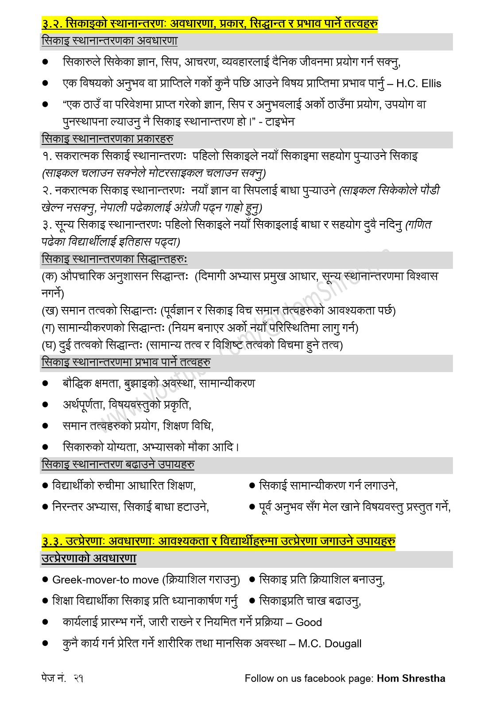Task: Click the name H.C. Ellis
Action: pos(419,84)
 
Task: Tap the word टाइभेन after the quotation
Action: pos(280,121)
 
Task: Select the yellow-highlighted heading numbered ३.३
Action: pos(219,541)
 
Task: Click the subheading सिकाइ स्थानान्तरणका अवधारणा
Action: pos(109,41)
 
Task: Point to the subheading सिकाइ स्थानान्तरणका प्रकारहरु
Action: pos(107,139)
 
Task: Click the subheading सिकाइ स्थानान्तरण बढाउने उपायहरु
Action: pos(118,465)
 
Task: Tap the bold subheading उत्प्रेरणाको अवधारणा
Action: pos(89,558)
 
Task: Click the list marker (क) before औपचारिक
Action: pos(49,276)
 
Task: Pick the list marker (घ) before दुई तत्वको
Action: pos(49,345)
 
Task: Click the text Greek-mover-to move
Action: pos(105,580)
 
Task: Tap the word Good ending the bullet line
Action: pos(309,622)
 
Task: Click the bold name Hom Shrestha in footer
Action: pos(411,678)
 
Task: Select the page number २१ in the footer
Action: pos(79,678)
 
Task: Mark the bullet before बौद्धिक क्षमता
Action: pos(45,383)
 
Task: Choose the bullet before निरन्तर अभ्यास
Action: pos(45,506)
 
